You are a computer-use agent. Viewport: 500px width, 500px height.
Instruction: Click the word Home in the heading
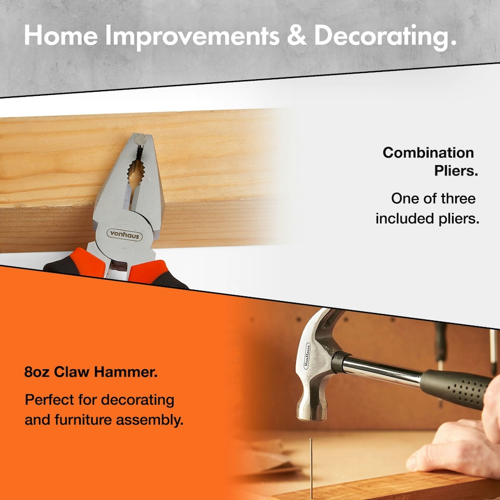pyautogui.click(x=60, y=35)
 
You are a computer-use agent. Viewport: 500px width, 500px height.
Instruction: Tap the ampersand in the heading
pyautogui.click(x=297, y=35)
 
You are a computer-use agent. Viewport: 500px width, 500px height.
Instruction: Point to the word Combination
pyautogui.click(x=428, y=153)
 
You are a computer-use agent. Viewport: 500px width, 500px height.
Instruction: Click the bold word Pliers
pyautogui.click(x=456, y=171)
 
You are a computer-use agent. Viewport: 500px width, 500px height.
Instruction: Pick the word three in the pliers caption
pyautogui.click(x=456, y=198)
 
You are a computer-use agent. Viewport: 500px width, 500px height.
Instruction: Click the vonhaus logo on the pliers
pyautogui.click(x=124, y=234)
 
